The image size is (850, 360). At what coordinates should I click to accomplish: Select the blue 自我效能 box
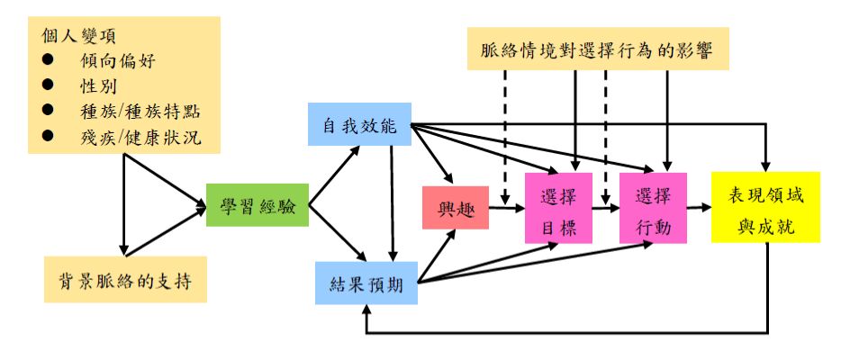coord(358,124)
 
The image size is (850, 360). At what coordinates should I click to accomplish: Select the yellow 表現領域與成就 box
coord(765,207)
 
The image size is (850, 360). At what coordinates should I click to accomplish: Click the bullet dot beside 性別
coord(48,86)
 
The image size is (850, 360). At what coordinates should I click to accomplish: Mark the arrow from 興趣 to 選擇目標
coord(506,210)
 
